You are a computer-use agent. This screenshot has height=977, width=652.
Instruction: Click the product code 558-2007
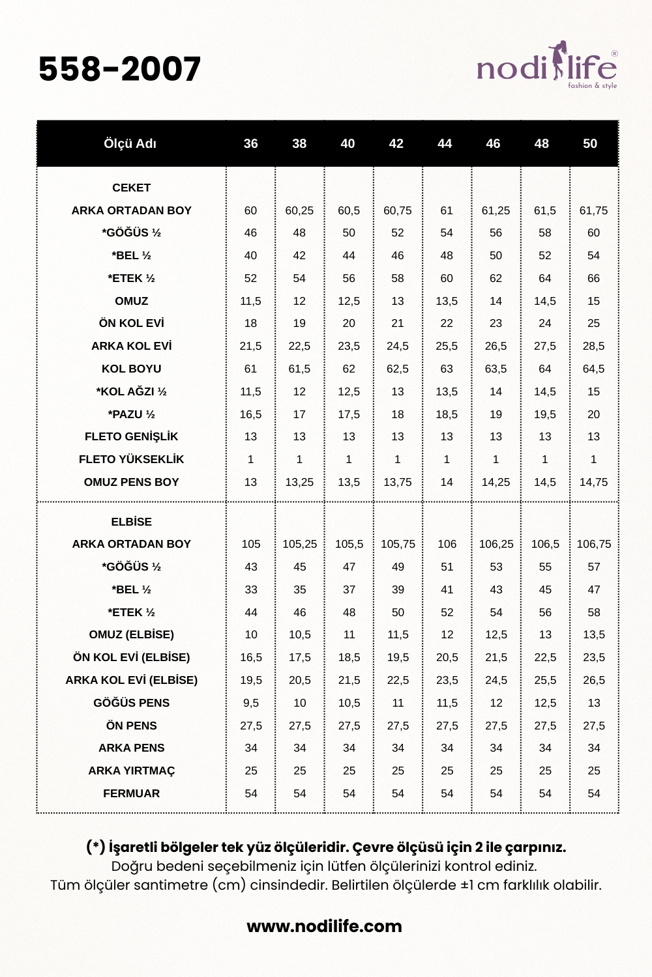(119, 69)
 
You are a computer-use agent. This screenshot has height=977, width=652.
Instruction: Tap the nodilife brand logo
(546, 66)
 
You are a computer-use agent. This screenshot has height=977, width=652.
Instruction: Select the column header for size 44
(445, 144)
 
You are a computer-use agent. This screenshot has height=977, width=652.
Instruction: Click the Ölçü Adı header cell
(130, 144)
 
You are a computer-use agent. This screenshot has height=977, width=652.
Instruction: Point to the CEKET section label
(131, 188)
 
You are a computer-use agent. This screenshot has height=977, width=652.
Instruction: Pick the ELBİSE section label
(131, 522)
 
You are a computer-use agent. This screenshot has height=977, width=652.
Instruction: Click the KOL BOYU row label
(131, 369)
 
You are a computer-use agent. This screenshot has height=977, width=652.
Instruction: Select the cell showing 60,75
(398, 210)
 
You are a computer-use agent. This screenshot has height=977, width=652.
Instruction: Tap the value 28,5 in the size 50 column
(593, 346)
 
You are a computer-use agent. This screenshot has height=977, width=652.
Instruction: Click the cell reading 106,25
(496, 544)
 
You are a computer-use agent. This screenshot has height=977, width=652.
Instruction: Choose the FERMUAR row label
(131, 793)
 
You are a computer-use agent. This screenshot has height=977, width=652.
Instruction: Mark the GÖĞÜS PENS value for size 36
(251, 703)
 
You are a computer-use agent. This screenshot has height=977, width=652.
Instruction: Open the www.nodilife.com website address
(324, 926)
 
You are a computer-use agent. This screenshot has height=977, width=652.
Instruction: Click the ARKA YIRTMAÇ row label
(131, 771)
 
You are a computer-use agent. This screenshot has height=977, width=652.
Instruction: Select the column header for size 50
(590, 144)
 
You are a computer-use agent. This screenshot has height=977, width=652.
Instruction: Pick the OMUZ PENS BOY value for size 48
(545, 482)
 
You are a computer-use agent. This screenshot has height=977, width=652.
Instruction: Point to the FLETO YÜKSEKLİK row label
(131, 459)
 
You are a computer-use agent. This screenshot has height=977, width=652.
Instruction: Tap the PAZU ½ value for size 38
(299, 414)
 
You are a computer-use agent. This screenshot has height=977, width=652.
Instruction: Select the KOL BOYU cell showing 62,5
(398, 369)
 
